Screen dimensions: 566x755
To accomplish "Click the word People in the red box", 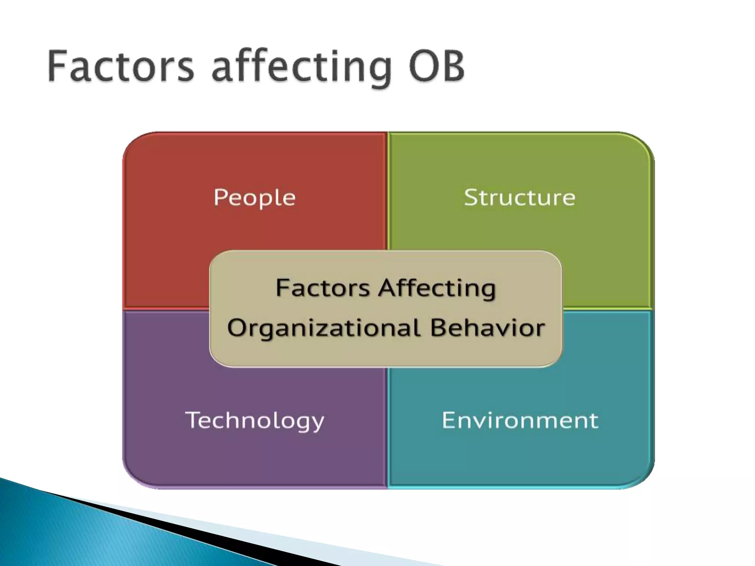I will point(254,198).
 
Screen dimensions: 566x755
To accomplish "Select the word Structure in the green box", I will point(519,198).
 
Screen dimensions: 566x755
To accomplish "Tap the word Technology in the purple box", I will point(254,420).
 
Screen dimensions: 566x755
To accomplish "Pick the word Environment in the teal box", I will point(520,420).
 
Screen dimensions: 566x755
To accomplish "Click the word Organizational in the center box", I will point(324,328).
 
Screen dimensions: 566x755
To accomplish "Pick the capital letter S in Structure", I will point(472,197).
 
